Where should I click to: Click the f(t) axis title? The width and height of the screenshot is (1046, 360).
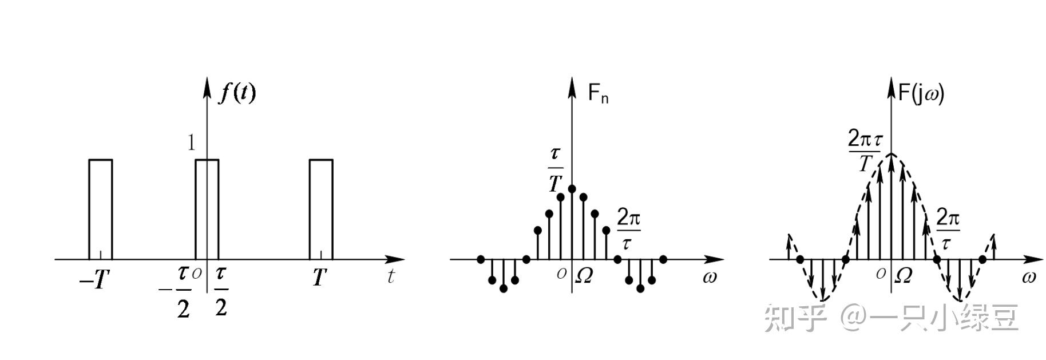pyautogui.click(x=237, y=92)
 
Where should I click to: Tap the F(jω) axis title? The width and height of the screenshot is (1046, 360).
pyautogui.click(x=921, y=92)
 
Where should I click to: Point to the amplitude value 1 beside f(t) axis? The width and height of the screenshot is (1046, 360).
pyautogui.click(x=192, y=143)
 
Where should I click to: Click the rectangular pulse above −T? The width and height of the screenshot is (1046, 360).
pyautogui.click(x=101, y=209)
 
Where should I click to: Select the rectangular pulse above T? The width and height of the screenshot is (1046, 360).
pyautogui.click(x=321, y=209)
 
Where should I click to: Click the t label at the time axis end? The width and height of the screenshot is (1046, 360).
pyautogui.click(x=391, y=276)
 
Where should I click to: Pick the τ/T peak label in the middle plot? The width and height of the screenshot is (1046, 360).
pyautogui.click(x=556, y=169)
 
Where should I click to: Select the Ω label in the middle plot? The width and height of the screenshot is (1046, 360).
pyautogui.click(x=584, y=276)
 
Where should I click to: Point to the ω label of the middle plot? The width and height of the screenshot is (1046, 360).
pyautogui.click(x=710, y=278)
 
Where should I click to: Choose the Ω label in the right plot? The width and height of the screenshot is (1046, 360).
pyautogui.click(x=903, y=276)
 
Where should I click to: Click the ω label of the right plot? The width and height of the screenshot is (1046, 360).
pyautogui.click(x=1028, y=278)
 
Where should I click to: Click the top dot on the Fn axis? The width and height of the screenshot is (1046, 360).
pyautogui.click(x=572, y=188)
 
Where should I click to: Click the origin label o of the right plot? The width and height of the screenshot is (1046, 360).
pyautogui.click(x=881, y=274)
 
